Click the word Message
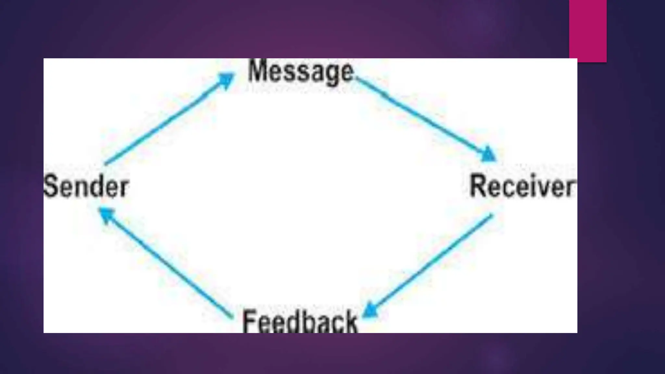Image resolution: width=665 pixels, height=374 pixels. point(300,71)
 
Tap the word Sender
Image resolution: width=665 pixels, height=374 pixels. point(86,186)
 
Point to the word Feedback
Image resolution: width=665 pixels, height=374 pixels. point(299,321)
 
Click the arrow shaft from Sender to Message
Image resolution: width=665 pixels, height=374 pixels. point(162,127)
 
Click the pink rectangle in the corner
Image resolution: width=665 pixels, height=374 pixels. point(588,31)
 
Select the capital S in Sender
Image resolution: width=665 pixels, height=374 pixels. point(51,186)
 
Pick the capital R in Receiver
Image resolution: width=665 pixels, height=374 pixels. point(477,186)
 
